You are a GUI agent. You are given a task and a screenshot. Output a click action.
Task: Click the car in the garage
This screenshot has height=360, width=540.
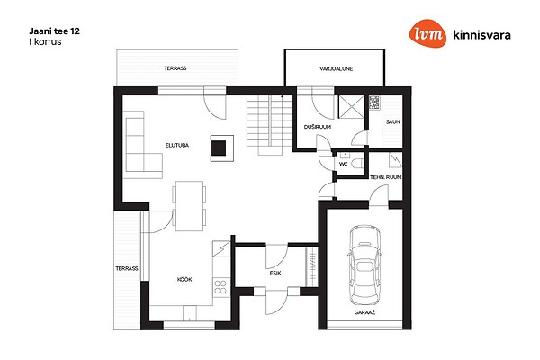tap(364, 265)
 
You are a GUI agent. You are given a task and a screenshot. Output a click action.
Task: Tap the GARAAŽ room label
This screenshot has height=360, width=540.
tap(364, 313)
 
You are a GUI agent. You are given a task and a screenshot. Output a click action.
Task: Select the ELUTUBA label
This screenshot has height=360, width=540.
tap(177, 146)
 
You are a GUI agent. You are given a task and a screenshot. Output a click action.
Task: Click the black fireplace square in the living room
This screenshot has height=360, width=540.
tap(219, 148)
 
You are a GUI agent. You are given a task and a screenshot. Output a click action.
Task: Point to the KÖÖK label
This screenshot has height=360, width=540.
tap(184, 279)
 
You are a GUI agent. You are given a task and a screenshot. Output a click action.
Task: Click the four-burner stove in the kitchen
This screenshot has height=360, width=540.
tap(220, 287)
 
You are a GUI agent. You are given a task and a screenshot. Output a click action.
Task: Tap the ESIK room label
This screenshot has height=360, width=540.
tap(275, 273)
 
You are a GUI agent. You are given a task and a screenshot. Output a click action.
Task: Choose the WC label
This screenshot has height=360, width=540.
tap(344, 165)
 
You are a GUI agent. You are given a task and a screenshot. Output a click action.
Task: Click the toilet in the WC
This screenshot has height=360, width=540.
tap(358, 164)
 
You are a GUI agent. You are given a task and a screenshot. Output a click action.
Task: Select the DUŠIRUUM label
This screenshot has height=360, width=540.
tap(318, 127)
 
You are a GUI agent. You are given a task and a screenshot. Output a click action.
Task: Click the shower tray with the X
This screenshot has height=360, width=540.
tap(351, 107)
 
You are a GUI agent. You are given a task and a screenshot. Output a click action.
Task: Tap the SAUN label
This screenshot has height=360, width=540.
tap(393, 122)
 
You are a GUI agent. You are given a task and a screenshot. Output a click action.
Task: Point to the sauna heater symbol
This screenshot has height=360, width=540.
tap(374, 103)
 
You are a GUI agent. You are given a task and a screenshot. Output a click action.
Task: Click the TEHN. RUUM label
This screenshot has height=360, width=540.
tap(386, 177)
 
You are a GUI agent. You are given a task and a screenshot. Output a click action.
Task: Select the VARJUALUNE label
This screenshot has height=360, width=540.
tap(336, 69)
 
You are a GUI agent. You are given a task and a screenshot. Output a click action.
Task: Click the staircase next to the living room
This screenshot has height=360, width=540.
tap(270, 125)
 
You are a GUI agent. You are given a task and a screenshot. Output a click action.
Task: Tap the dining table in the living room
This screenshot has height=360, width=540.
tap(189, 206)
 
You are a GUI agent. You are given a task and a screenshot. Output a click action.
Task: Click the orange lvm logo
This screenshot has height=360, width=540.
tap(427, 33)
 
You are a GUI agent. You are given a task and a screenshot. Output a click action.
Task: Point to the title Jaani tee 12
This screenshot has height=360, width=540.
tap(54, 31)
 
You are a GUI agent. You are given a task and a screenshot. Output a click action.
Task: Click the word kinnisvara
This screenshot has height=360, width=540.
tap(482, 35)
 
